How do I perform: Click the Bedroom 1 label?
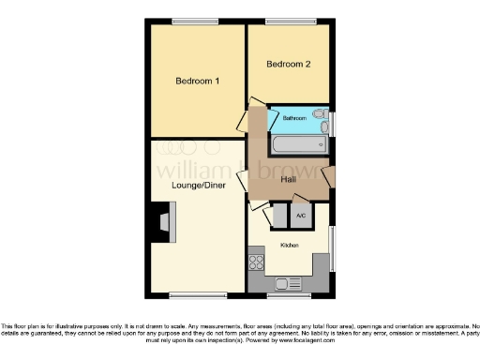[x=198, y=81]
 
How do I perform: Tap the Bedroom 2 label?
[x=288, y=64]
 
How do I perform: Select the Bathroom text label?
[x=294, y=119]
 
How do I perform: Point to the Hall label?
[x=290, y=179]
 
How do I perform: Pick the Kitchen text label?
[x=289, y=245]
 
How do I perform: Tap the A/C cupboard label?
[x=300, y=216]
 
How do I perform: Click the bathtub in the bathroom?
[x=298, y=144]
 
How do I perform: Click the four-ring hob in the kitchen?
[x=256, y=262]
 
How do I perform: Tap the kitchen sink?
[x=289, y=282]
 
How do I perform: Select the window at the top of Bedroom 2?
[x=288, y=21]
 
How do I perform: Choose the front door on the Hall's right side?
[x=328, y=176]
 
